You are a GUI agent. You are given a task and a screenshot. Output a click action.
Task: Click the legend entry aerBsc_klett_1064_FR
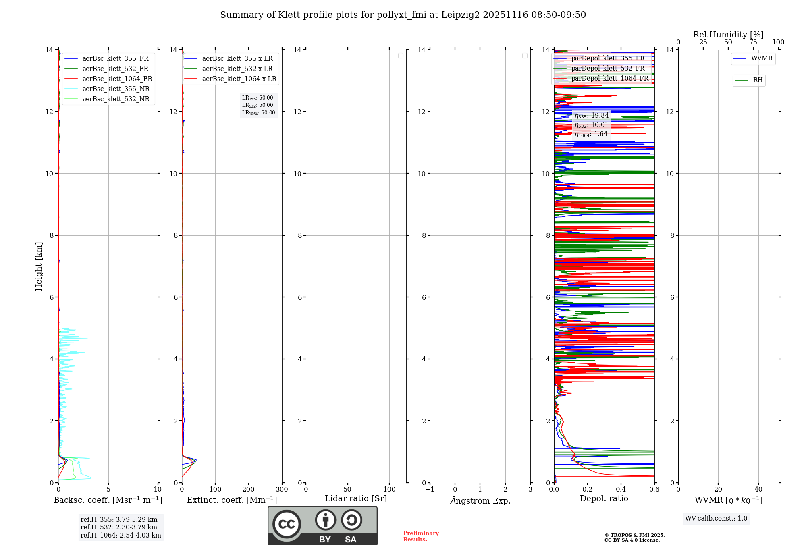(x=117, y=79)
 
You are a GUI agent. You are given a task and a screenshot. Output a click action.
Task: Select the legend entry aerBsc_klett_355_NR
(x=116, y=89)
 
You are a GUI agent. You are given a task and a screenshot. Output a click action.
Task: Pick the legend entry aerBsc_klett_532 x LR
(x=237, y=69)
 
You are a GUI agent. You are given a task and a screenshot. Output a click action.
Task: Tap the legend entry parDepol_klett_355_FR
(x=608, y=58)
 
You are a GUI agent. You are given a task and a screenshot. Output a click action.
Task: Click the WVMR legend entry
(x=761, y=58)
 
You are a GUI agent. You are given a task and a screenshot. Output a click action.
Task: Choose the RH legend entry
(x=757, y=80)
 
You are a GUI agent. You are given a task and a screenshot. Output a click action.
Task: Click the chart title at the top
(x=403, y=15)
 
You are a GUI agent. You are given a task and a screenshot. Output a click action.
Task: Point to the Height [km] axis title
(x=39, y=266)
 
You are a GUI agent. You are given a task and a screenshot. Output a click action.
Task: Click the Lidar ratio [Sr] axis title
(x=356, y=499)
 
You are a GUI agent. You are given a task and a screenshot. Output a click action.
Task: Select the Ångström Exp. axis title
(x=480, y=500)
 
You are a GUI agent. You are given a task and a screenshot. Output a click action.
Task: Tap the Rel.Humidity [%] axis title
(x=728, y=35)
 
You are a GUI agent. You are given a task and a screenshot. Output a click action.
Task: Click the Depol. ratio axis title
(x=604, y=499)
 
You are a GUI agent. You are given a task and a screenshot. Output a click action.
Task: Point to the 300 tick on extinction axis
(x=282, y=490)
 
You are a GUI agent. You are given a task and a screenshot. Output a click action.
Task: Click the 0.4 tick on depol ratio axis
(x=621, y=490)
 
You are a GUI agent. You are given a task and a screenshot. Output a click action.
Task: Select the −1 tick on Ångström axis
(x=430, y=490)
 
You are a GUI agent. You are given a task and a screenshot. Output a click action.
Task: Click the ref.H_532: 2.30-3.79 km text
(x=119, y=527)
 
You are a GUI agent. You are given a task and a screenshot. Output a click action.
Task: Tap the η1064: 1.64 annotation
(x=591, y=134)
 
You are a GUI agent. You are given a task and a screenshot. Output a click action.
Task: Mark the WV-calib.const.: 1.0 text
(x=716, y=519)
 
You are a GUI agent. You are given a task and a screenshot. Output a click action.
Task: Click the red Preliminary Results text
(x=421, y=536)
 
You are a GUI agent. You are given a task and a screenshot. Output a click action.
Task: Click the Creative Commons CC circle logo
(x=287, y=524)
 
